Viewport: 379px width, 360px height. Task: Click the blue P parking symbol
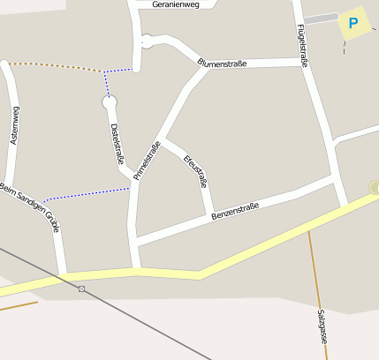pyautogui.click(x=353, y=23)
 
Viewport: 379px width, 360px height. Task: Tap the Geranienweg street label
pyautogui.click(x=176, y=4)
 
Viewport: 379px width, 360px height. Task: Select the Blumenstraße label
pyautogui.click(x=223, y=63)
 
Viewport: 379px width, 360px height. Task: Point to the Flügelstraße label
pyautogui.click(x=302, y=46)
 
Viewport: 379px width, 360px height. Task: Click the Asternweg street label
pyautogui.click(x=14, y=124)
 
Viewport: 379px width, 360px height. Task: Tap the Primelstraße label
pyautogui.click(x=146, y=161)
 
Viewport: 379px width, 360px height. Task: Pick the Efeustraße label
pyautogui.click(x=194, y=171)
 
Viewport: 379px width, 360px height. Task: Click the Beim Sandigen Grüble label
pyautogui.click(x=30, y=208)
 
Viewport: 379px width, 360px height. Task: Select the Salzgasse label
pyautogui.click(x=322, y=326)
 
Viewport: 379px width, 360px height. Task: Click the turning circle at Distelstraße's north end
pyautogui.click(x=110, y=103)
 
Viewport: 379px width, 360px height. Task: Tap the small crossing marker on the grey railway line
pyautogui.click(x=81, y=289)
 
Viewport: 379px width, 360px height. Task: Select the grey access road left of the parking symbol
pyautogui.click(x=321, y=19)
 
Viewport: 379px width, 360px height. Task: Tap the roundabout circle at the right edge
pyautogui.click(x=375, y=187)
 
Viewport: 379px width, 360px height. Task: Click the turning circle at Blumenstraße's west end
pyautogui.click(x=147, y=40)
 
